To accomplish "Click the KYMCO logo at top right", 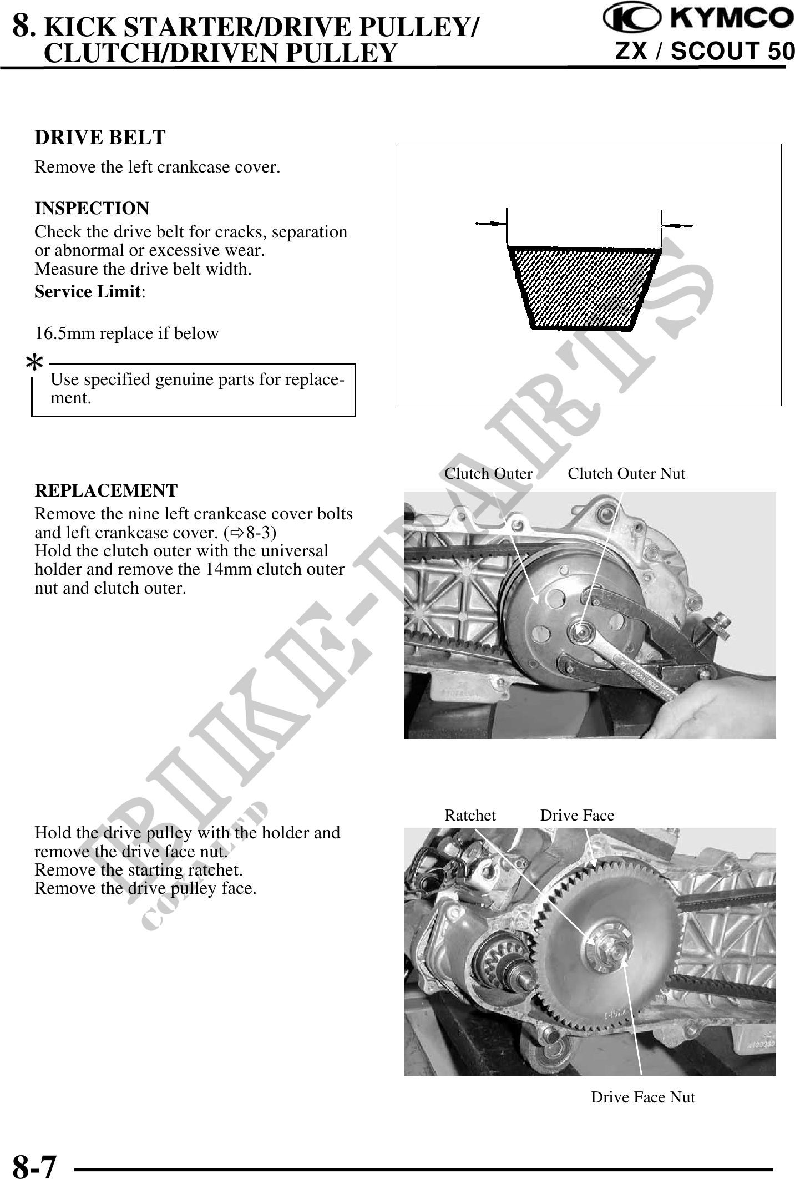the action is pos(698,19).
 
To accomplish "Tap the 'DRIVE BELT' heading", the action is pos(100,138).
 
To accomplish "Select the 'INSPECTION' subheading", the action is pos(92,209).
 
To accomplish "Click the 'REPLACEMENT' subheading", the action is pos(106,491).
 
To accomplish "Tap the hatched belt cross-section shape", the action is pos(585,288).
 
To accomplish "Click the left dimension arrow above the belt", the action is pos(491,224).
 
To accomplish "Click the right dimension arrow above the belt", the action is pos(677,225).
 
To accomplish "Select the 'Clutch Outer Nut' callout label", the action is pos(626,474).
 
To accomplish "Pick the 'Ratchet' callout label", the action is pos(470,816).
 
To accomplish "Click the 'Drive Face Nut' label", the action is pos(642,1097).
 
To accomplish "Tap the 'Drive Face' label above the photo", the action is pos(578,816).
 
